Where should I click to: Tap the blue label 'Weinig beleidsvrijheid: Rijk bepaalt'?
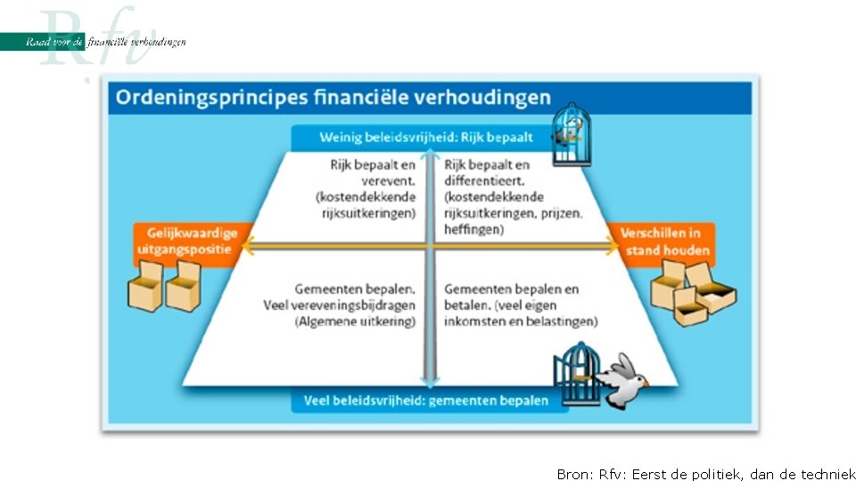(426, 137)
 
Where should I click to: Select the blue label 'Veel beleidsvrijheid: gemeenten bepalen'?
(426, 400)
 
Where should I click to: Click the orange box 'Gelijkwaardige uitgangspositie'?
(187, 240)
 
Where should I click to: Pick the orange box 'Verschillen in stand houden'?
(668, 240)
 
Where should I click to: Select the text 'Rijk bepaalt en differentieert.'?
(487, 173)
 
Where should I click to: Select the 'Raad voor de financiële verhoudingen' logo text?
(106, 42)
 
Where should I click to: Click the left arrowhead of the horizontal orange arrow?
(249, 249)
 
